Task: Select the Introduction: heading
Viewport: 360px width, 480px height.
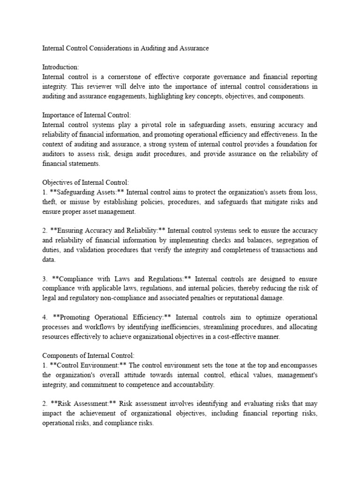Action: click(x=60, y=67)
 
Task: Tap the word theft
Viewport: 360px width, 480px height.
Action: click(x=50, y=202)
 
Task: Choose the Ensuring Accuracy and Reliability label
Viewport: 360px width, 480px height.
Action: click(x=107, y=231)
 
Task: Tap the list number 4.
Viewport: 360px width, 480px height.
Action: click(x=45, y=317)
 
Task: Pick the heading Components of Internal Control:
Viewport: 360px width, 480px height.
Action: click(x=84, y=356)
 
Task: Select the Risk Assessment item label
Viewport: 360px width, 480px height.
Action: click(x=79, y=404)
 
